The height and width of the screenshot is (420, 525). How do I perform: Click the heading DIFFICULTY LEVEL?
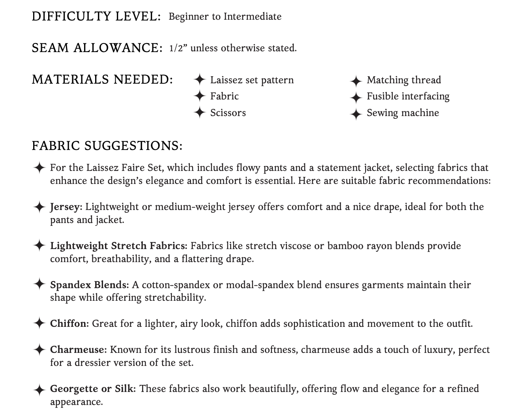[96, 17]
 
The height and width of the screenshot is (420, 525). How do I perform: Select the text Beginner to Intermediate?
[225, 17]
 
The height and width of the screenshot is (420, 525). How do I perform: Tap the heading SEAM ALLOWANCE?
[97, 48]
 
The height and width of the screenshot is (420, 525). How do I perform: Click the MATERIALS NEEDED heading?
[102, 80]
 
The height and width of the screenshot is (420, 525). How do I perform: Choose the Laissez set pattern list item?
[252, 80]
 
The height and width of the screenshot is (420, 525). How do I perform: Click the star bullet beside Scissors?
[200, 112]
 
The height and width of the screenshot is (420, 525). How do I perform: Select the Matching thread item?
[404, 80]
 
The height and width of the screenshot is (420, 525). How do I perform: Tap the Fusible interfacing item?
[408, 96]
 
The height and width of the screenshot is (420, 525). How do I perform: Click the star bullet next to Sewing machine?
[356, 114]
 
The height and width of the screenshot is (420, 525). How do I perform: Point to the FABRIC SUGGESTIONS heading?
[107, 146]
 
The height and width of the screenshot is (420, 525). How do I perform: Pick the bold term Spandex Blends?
[89, 285]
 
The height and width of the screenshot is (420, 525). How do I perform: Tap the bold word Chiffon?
[69, 324]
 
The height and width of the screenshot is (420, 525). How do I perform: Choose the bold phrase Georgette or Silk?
[93, 389]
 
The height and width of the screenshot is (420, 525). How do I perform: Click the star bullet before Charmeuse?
[39, 350]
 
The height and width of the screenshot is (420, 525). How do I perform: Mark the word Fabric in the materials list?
[224, 96]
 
